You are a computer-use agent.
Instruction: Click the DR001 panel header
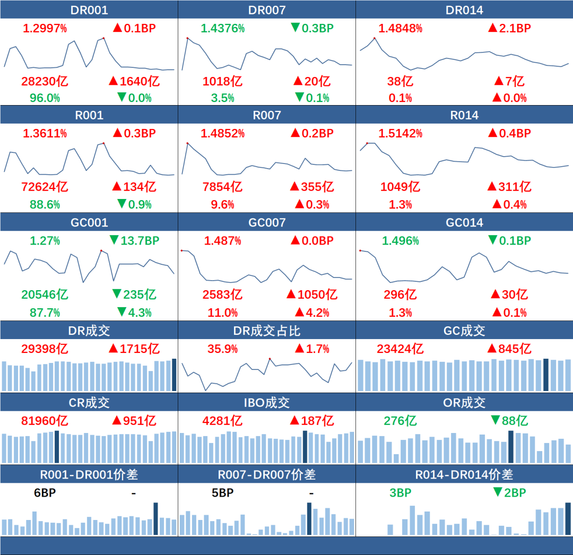(x=89, y=10)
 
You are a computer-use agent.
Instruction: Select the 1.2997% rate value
(x=45, y=28)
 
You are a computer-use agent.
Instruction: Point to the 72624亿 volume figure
(x=45, y=187)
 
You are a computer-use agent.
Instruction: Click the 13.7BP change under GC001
(x=135, y=240)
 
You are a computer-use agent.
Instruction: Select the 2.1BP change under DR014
(x=509, y=28)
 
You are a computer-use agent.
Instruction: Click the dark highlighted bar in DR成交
(x=174, y=375)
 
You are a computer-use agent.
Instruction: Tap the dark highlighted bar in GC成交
(x=545, y=375)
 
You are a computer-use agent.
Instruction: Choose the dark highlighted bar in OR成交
(x=511, y=447)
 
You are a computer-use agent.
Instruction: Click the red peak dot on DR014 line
(x=375, y=38)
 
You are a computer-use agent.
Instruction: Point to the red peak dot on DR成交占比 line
(x=270, y=359)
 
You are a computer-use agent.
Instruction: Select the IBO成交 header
(x=267, y=403)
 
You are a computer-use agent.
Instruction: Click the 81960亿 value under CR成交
(x=45, y=421)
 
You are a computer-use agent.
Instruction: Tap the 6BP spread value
(x=45, y=493)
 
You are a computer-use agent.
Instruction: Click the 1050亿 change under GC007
(x=311, y=294)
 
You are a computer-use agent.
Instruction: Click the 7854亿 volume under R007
(x=222, y=187)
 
